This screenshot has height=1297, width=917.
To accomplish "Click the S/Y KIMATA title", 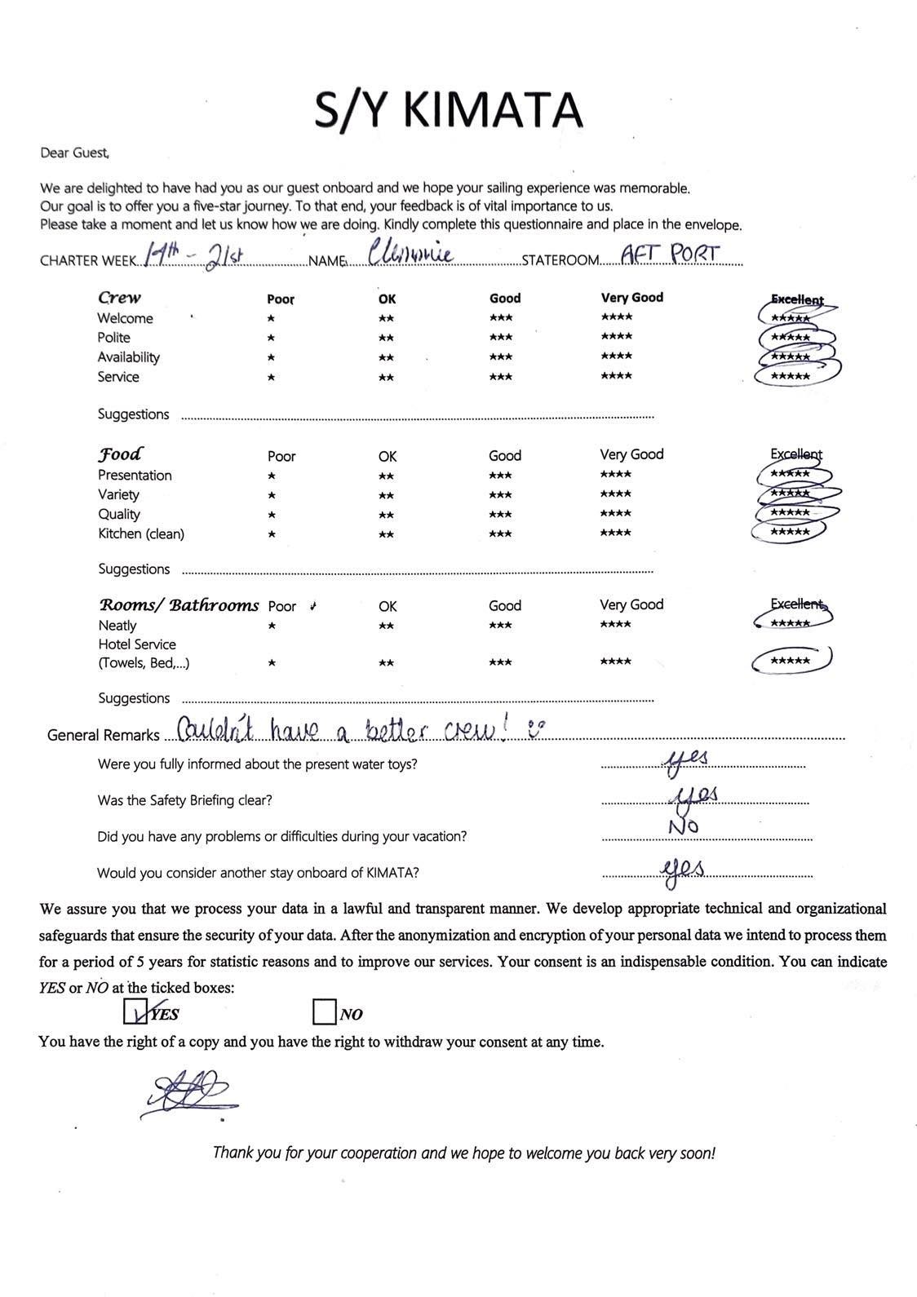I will [449, 110].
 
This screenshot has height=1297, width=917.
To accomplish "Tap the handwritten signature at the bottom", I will [188, 1092].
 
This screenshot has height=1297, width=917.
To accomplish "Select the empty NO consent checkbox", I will [324, 1012].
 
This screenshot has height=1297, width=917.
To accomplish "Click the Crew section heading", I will [119, 298].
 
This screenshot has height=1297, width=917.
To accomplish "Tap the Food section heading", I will [120, 454].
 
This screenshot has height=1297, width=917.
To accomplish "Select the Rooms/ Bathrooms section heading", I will [179, 605].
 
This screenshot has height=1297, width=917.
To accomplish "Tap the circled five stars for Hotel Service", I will [790, 661].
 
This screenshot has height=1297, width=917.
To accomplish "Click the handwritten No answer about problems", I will [683, 827].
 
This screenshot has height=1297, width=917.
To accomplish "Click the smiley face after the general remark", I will [534, 728].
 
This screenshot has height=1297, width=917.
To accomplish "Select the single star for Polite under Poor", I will [271, 338].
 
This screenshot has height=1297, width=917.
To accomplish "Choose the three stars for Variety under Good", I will [500, 494].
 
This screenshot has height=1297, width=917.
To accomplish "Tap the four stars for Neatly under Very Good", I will [615, 625].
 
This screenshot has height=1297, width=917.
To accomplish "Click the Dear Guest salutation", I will [74, 153].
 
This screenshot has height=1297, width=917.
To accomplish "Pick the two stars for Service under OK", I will [387, 377].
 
